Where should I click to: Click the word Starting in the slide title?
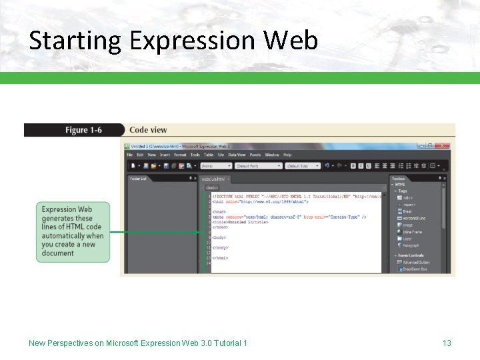click(75, 41)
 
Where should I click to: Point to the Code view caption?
click(148, 130)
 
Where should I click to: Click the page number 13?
click(447, 343)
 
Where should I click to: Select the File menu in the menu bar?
click(130, 155)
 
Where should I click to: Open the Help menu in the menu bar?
click(287, 155)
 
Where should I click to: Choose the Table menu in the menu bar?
click(209, 155)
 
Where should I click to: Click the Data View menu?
click(237, 155)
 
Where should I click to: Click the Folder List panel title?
click(138, 179)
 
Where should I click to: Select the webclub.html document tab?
click(215, 179)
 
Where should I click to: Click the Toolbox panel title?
click(399, 179)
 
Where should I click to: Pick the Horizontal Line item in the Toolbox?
click(413, 218)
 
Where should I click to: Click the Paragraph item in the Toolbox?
click(411, 245)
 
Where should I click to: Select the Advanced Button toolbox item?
click(416, 263)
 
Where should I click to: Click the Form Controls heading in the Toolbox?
click(411, 255)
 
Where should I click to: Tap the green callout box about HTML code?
click(73, 231)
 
